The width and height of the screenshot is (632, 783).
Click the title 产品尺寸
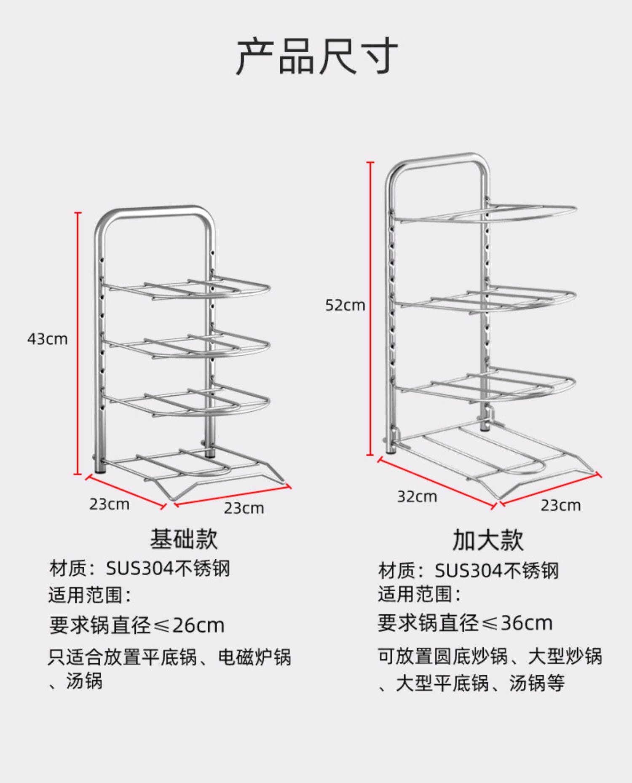[x=316, y=56]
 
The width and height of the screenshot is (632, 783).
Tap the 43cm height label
[x=48, y=339]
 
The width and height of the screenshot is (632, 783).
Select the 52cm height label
[x=345, y=305]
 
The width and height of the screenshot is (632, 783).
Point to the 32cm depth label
[x=417, y=496]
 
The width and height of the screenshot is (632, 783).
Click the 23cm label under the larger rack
[x=560, y=505]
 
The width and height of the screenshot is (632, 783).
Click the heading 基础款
[x=184, y=539]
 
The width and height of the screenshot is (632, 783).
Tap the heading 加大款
[x=487, y=540]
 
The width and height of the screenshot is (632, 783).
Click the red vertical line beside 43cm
[x=78, y=343]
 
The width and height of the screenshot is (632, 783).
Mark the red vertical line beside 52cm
[x=370, y=308]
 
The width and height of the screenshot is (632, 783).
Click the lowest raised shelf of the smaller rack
[x=190, y=400]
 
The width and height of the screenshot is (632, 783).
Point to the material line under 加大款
[x=468, y=571]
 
